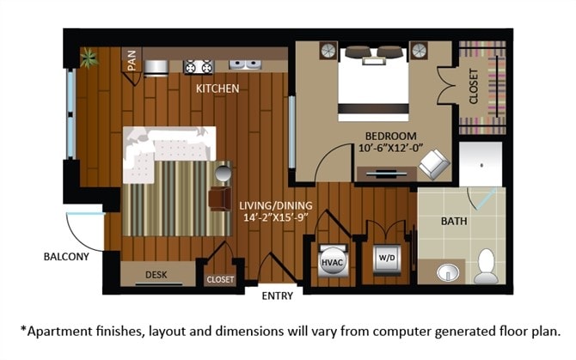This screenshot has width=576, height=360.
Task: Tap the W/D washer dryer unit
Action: coord(383,258)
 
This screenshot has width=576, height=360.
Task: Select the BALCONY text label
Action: coord(66,256)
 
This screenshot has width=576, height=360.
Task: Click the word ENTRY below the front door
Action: coord(277,296)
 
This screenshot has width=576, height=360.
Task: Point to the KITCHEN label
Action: coord(217,88)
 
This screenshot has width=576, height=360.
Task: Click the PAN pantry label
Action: coord(132,62)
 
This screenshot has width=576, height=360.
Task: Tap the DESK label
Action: coord(156,275)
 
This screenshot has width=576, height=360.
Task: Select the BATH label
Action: coord(454,221)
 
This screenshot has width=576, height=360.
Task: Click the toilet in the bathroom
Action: coord(486,267)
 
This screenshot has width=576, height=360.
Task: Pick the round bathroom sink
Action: coord(447,273)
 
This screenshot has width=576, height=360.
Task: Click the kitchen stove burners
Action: coord(199,65)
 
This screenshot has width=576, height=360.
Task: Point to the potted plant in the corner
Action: coord(88,58)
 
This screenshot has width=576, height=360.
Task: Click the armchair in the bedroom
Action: coord(432,163)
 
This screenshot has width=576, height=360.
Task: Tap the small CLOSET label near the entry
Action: coord(220,278)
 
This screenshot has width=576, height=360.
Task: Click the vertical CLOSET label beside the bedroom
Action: coord(473,87)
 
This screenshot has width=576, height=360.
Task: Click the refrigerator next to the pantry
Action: coord(156,66)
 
